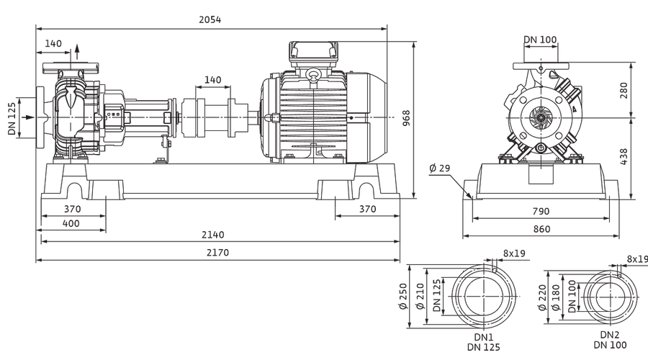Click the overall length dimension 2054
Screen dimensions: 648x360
(210, 19)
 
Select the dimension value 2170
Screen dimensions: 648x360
(217, 253)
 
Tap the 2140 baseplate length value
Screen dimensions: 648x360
(213, 235)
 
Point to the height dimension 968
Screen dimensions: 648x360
(406, 118)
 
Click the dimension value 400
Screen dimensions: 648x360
(71, 224)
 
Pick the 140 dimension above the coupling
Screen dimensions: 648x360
(213, 80)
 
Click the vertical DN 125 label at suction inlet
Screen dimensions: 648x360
(12, 119)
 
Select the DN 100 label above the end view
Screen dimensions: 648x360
(541, 40)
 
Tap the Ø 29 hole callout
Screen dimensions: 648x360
(440, 168)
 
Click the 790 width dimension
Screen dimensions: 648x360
(541, 211)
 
